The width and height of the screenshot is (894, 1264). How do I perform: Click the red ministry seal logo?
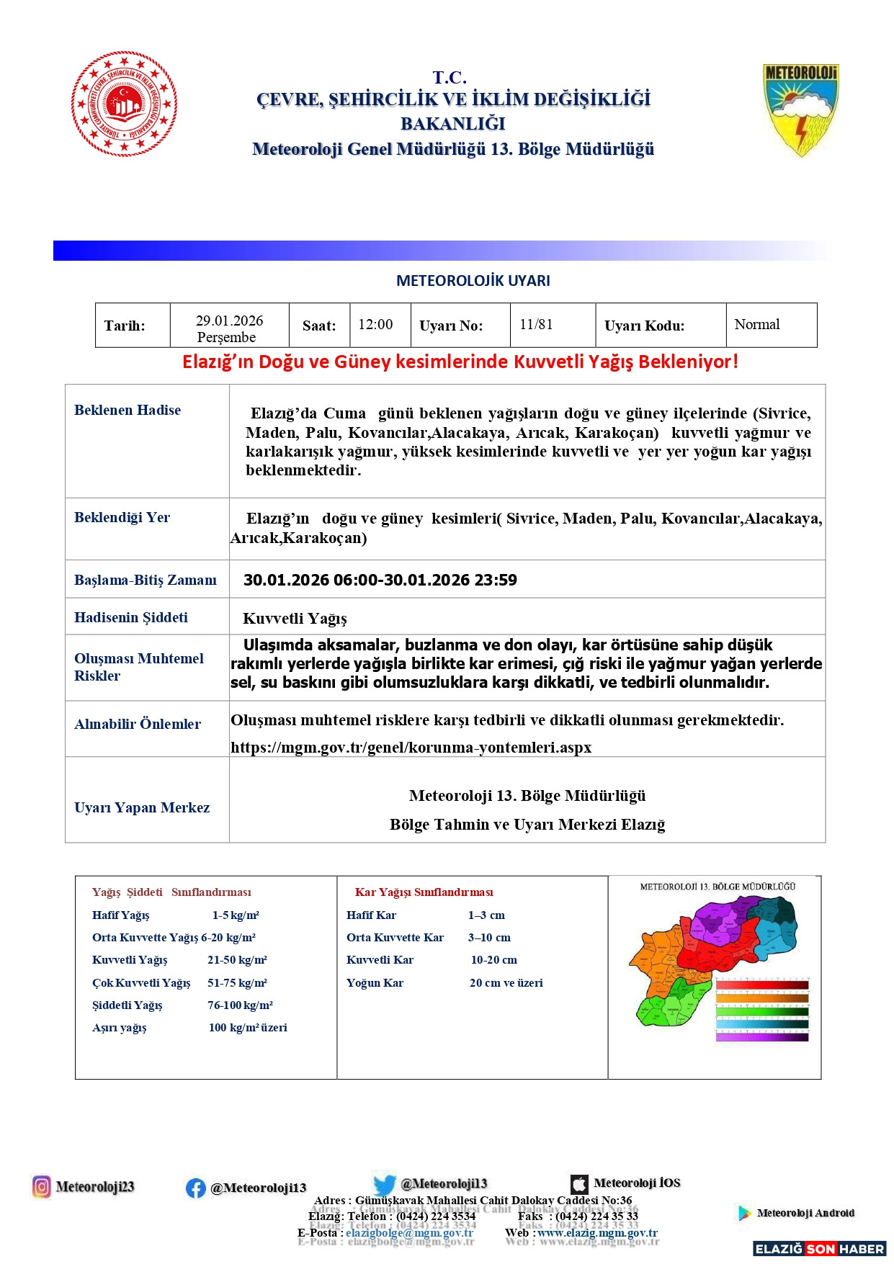coord(124,104)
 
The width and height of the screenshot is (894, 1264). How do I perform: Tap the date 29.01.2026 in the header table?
coord(229,321)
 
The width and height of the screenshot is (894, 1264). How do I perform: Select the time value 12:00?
coord(375,325)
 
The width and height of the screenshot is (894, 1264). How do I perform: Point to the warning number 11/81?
coord(536,325)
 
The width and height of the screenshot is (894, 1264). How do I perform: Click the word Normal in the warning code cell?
coord(756,325)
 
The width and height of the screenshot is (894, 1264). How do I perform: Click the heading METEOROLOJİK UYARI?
coord(473,281)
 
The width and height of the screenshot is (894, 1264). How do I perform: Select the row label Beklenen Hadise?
coord(128,411)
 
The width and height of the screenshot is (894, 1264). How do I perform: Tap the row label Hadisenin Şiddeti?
coord(131,618)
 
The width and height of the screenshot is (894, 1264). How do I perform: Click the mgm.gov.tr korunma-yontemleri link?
coord(411,748)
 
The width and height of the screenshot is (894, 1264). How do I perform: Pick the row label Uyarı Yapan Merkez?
coord(142,808)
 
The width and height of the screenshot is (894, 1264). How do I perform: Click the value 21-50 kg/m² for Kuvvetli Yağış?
coord(237,960)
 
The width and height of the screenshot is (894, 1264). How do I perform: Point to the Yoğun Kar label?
coord(375,983)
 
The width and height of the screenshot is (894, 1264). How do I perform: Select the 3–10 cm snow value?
coord(489,938)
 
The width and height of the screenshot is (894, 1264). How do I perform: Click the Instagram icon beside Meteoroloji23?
coord(42,1186)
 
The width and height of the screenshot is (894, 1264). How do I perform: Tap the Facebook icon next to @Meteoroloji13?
coord(195,1188)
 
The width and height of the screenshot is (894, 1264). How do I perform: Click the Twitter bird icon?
coord(385,1185)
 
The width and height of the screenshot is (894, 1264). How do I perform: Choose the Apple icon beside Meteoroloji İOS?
coord(579,1184)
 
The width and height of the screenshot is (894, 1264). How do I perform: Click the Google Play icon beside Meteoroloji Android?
coord(744,1214)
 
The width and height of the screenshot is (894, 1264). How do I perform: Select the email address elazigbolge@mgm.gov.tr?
coord(409,1232)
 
